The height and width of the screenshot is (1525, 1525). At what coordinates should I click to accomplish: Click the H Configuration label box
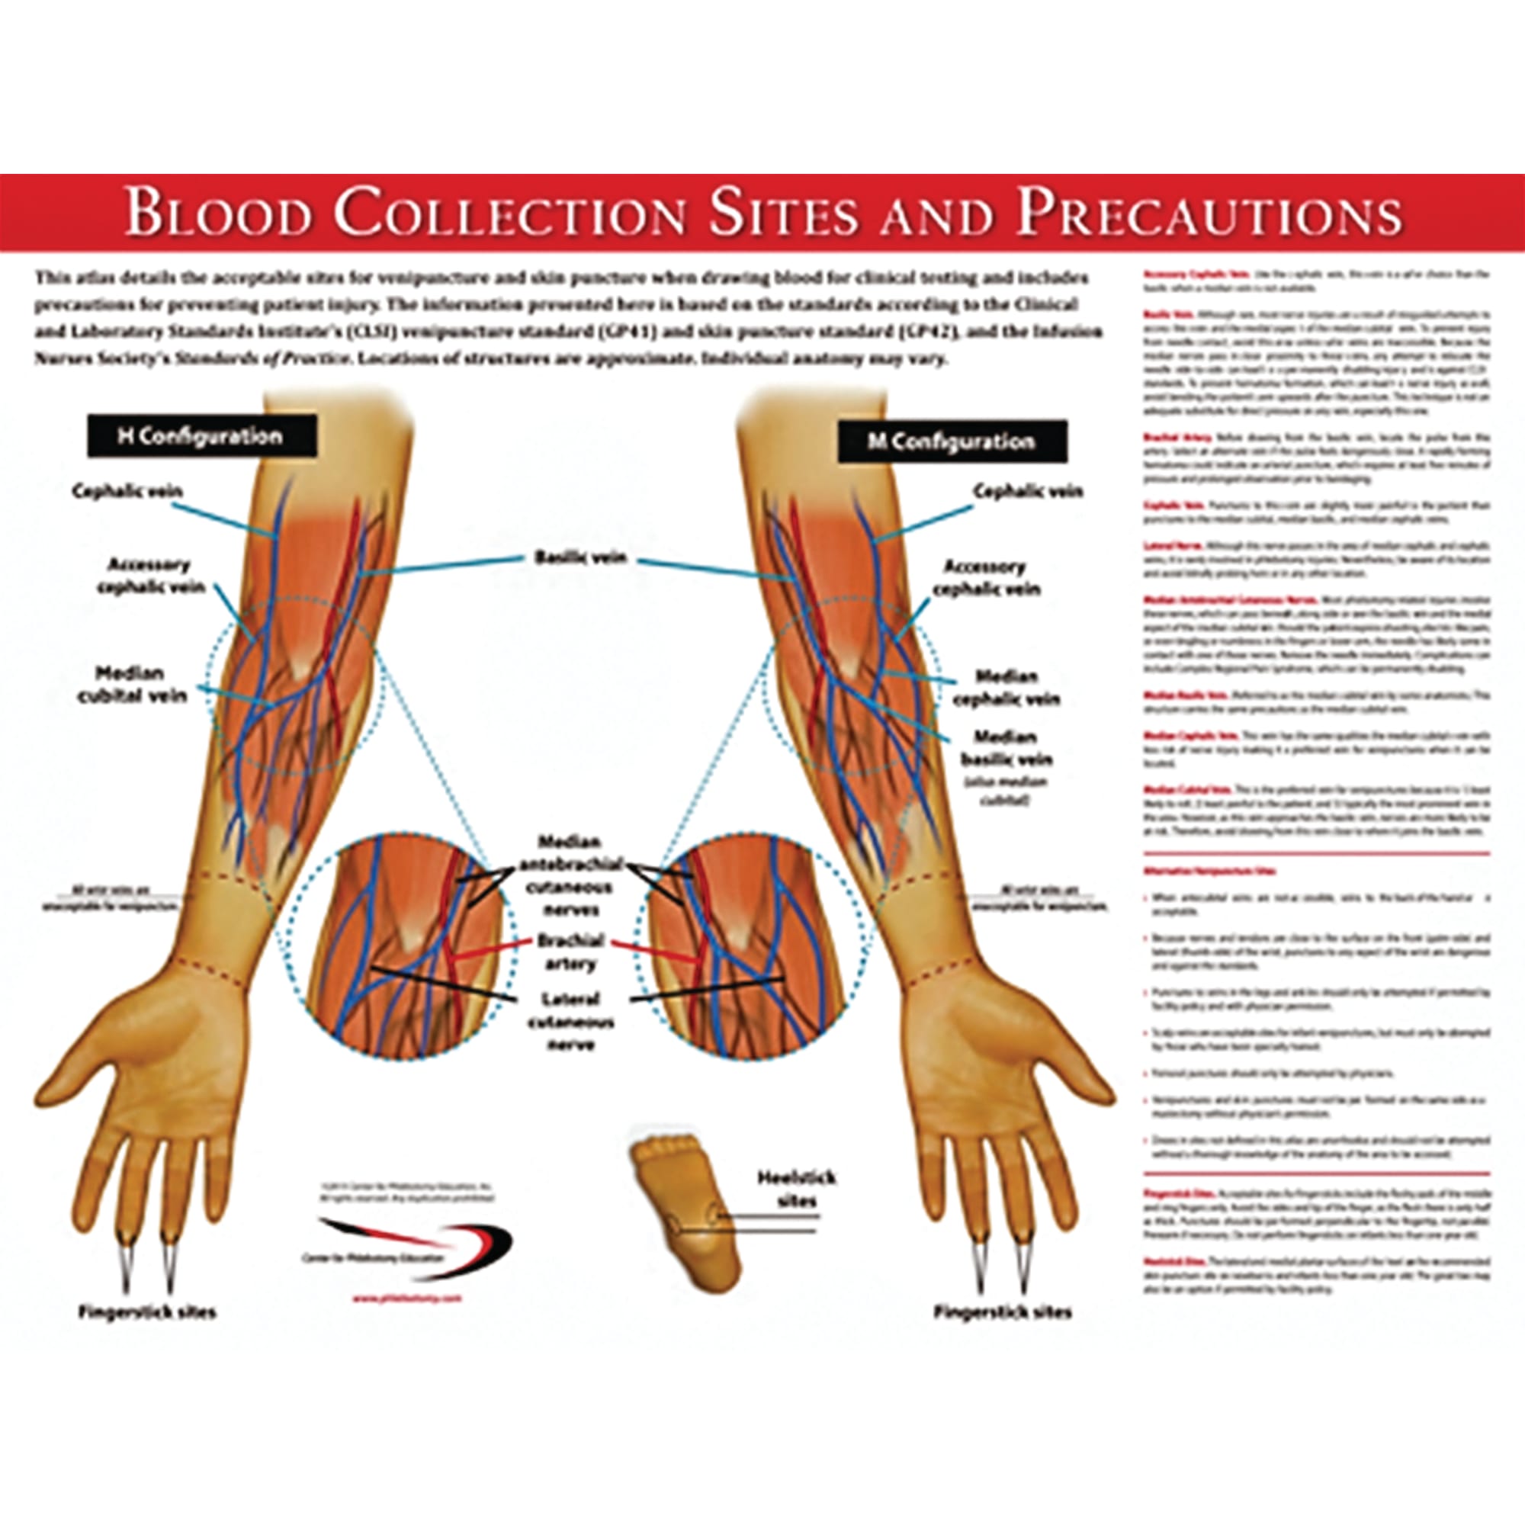[201, 435]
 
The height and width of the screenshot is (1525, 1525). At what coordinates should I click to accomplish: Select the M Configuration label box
[952, 441]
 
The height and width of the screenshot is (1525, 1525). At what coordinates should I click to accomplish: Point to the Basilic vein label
[580, 557]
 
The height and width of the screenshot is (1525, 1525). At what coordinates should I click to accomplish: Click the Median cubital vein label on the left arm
[131, 685]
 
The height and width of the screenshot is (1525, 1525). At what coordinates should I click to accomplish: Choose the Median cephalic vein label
[1006, 688]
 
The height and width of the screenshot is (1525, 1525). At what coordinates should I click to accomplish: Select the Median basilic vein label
[1006, 748]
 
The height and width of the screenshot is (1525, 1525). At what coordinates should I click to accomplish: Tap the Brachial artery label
[570, 952]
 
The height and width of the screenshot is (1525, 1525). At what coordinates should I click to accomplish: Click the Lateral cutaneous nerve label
[570, 1022]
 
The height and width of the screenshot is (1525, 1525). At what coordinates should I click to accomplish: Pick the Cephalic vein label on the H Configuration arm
[127, 491]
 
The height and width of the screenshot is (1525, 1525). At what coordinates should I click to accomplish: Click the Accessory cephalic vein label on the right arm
[986, 578]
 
